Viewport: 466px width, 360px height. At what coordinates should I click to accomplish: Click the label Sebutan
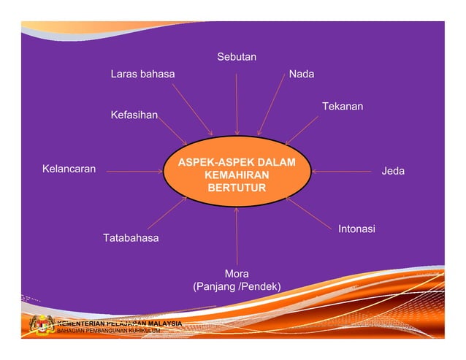[x=236, y=57]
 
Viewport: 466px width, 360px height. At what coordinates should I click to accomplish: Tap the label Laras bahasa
[x=142, y=74]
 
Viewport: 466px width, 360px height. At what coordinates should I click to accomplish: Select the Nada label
[x=302, y=74]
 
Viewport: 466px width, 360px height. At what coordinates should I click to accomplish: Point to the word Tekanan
[x=343, y=107]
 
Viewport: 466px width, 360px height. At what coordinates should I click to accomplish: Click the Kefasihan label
[x=134, y=115]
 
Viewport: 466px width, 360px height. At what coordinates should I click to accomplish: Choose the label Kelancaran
[x=69, y=169]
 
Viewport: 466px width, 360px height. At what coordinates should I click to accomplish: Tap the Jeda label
[x=393, y=172]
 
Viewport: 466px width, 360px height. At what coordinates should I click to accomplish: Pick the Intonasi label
[x=356, y=229]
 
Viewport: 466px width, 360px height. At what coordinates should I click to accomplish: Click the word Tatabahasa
[x=131, y=238]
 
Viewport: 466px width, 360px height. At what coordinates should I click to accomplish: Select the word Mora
[x=237, y=274]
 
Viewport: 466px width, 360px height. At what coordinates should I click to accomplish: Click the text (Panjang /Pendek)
[x=237, y=286]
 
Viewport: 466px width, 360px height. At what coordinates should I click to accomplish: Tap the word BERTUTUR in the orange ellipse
[x=237, y=188]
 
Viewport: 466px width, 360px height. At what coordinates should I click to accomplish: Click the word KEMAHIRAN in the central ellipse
[x=237, y=175]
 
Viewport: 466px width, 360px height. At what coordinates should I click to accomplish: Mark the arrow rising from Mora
[x=237, y=237]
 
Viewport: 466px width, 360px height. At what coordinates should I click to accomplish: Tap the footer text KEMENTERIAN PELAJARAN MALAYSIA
[x=120, y=323]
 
